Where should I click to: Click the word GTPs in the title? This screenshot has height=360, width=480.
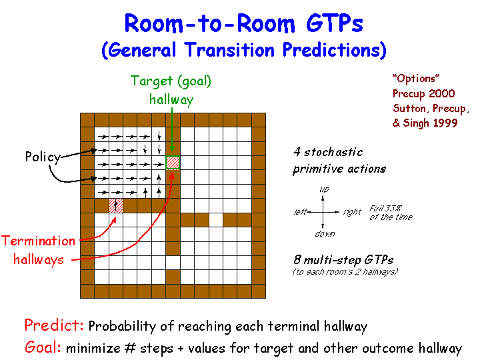coord(334,23)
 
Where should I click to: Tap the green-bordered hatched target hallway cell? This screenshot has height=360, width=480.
coord(173,163)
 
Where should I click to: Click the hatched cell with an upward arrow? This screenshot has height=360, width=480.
coord(116,206)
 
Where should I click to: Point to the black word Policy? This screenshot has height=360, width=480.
coord(43,157)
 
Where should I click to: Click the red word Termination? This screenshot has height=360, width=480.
coord(39,241)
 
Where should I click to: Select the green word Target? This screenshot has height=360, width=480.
coord(151,81)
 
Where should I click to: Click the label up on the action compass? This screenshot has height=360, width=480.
coord(324,190)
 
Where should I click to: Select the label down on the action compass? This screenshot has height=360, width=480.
coord(325,234)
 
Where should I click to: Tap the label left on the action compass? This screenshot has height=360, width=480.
coord(300,212)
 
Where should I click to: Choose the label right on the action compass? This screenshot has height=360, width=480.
coord(353,212)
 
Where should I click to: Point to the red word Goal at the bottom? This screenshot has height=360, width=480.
coord(43,347)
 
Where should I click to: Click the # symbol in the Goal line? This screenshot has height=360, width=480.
coord(130,349)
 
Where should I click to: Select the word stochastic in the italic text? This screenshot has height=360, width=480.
coord(333,152)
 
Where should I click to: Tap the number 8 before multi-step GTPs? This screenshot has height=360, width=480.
coord(297,259)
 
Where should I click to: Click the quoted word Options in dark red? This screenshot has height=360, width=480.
coord(416,79)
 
